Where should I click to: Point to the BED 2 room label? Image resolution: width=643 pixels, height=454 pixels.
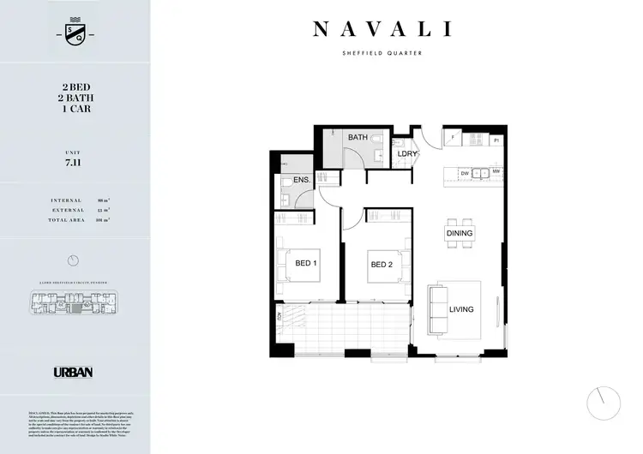[x=382, y=264]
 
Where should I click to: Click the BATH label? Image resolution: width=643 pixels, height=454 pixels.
[x=357, y=137]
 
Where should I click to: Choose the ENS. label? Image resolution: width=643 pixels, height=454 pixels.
[x=301, y=180]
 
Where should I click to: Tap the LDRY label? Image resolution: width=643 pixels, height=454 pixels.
[x=407, y=155]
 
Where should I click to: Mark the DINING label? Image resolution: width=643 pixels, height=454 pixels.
[x=460, y=233]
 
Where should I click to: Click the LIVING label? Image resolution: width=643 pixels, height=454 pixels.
[x=460, y=309]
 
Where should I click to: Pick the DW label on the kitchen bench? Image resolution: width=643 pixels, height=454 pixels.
[x=464, y=173]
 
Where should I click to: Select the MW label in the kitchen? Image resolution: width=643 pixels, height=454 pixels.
[x=496, y=173]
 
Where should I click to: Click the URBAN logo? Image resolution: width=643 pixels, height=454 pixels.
[x=73, y=372]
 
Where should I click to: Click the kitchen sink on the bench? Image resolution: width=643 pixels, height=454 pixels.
[x=480, y=173]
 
